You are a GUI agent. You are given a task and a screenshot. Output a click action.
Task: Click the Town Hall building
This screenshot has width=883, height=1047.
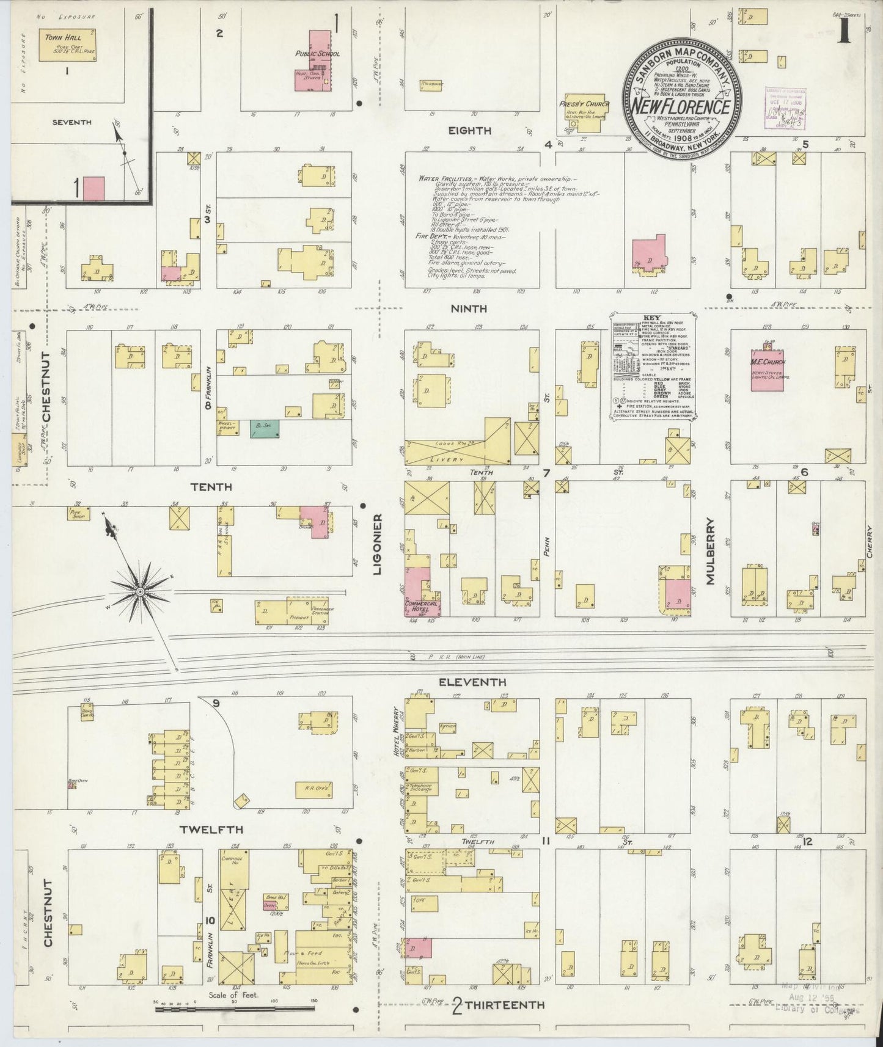pyautogui.click(x=67, y=46)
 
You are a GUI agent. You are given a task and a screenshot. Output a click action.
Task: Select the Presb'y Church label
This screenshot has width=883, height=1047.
pyautogui.click(x=585, y=104)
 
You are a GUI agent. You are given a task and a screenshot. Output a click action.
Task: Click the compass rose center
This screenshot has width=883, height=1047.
pyautogui.click(x=140, y=591)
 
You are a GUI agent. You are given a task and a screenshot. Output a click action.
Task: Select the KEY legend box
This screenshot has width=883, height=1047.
pyautogui.click(x=654, y=367)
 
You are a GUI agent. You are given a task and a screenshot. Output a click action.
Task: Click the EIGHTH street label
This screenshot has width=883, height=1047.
pyautogui.click(x=469, y=130)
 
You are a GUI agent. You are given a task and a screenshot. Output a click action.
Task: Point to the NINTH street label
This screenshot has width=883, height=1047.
pyautogui.click(x=469, y=309)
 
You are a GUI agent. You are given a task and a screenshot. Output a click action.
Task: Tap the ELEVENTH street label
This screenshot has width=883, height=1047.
pyautogui.click(x=472, y=682)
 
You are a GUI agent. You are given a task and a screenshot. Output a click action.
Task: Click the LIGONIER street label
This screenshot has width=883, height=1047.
pyautogui.click(x=378, y=544)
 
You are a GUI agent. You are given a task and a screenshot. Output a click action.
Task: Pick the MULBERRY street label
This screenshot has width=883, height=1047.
pyautogui.click(x=710, y=551)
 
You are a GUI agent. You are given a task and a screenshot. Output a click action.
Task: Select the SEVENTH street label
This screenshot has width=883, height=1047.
pyautogui.click(x=71, y=122)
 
